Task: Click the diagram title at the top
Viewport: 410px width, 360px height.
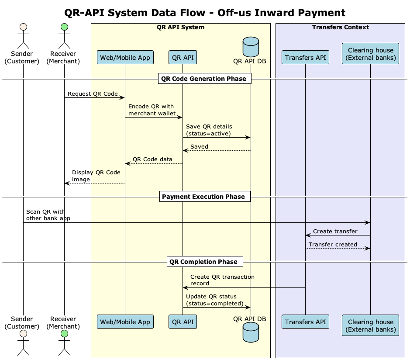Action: (x=205, y=13)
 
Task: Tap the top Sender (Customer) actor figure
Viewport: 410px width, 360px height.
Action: (x=23, y=38)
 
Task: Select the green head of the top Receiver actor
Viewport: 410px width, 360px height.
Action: (x=64, y=28)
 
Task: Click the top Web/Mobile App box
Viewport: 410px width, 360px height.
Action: (x=125, y=57)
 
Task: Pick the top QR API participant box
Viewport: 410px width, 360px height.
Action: (x=183, y=57)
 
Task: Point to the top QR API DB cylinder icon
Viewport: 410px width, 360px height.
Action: (x=251, y=46)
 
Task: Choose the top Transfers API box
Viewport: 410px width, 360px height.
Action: (x=305, y=57)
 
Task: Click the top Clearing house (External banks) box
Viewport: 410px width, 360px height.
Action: (x=370, y=54)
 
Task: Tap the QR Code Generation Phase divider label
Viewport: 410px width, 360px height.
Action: (x=204, y=79)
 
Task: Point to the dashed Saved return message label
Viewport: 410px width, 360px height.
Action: (x=199, y=146)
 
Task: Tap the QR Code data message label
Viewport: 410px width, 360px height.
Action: (x=152, y=159)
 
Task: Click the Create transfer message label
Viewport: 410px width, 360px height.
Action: (x=335, y=232)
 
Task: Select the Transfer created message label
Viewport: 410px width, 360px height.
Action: (x=333, y=245)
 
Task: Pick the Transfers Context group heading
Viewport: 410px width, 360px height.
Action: (x=340, y=28)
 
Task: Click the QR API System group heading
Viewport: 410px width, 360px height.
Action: (x=180, y=28)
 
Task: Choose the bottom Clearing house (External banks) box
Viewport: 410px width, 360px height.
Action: (x=370, y=325)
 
